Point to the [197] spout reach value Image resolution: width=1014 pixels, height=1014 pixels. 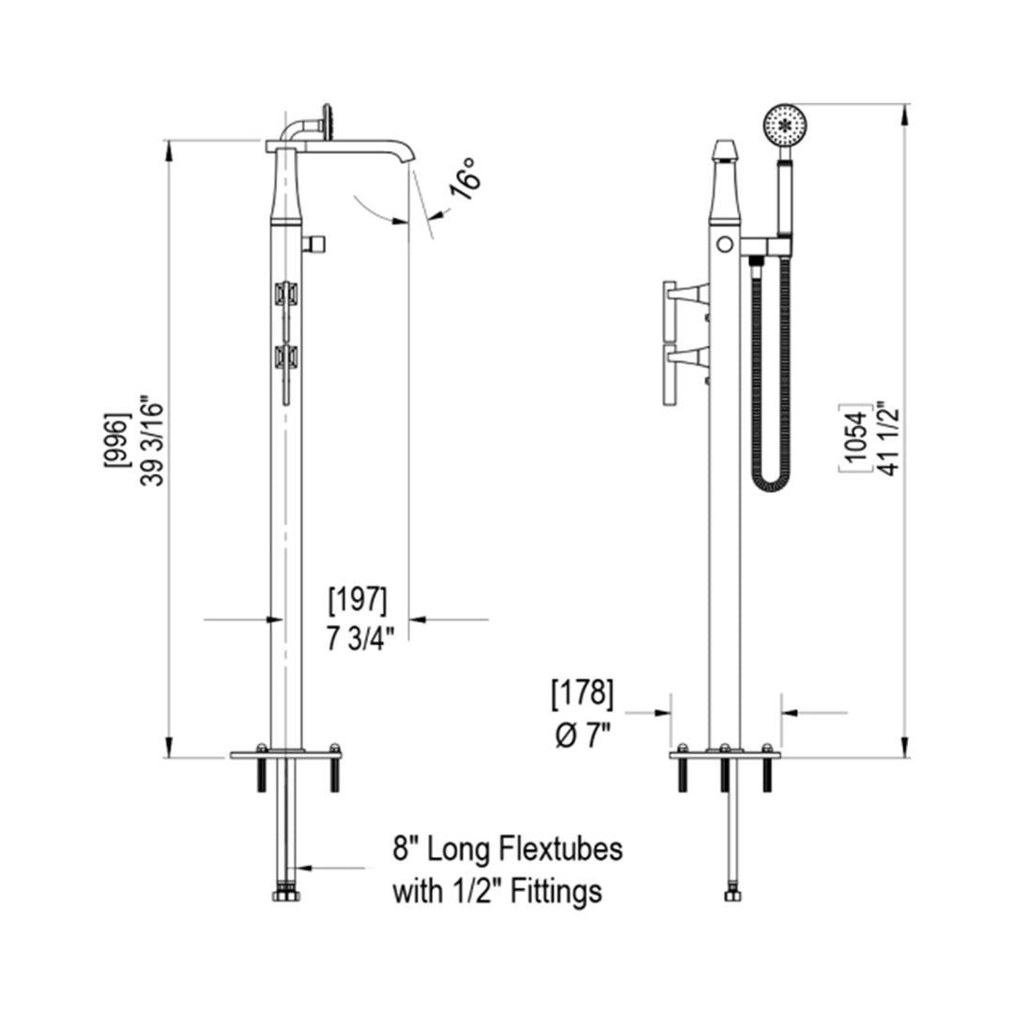pyautogui.click(x=356, y=599)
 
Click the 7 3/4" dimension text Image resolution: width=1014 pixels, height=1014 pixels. pyautogui.click(x=359, y=638)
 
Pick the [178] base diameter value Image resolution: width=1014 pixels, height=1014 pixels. pyautogui.click(x=581, y=695)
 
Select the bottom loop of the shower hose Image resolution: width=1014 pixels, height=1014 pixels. pyautogui.click(x=771, y=483)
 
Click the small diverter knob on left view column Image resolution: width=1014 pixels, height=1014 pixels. pyautogui.click(x=315, y=244)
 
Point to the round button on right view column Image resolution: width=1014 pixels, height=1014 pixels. pyautogui.click(x=724, y=244)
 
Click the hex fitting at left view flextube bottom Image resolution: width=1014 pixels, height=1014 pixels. pyautogui.click(x=285, y=895)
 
